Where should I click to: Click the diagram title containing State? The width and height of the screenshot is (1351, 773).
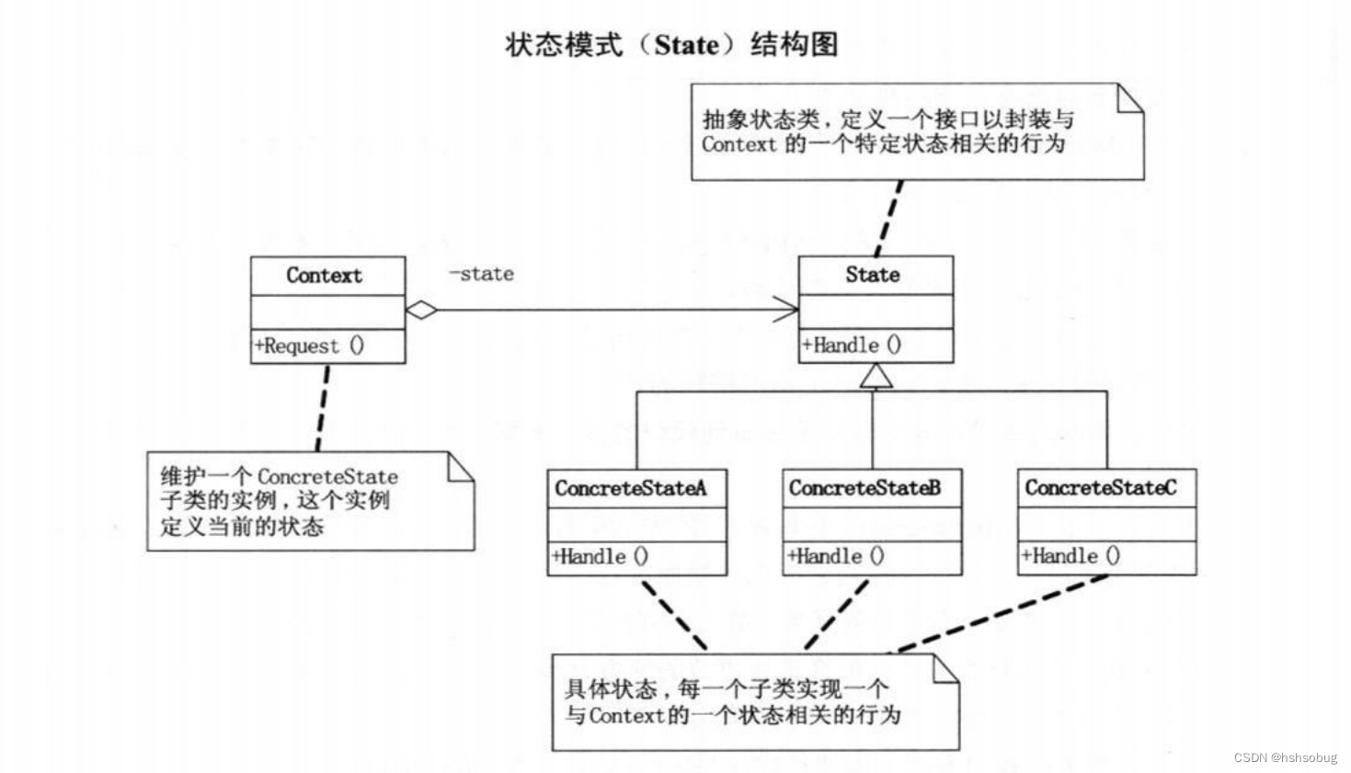671,44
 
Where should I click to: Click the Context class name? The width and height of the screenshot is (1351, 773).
324,275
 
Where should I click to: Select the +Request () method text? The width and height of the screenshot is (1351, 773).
310,347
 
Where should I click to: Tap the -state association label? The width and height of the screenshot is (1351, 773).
481,274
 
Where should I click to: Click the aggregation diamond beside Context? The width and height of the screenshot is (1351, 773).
421,310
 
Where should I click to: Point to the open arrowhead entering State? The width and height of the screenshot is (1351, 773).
787,310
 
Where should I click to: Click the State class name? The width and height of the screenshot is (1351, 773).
873,274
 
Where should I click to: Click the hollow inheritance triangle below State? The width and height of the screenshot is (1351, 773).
876,376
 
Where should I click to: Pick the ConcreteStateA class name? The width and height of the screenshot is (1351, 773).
631,488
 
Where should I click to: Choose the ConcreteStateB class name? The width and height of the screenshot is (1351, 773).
864,488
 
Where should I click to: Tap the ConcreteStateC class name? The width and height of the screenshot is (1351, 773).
1100,487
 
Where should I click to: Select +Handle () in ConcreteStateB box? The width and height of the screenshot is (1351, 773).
836,556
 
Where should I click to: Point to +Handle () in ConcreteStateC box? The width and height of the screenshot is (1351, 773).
1070,555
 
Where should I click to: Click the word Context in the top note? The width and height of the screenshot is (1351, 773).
738,144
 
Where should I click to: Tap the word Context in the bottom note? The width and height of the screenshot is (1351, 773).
625,715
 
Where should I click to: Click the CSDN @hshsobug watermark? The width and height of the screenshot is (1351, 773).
1285,757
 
